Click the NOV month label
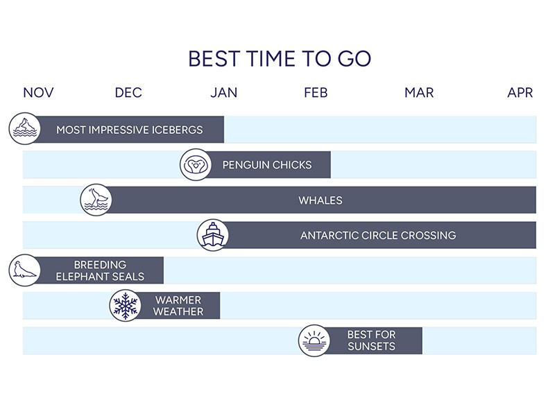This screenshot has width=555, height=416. click(38, 93)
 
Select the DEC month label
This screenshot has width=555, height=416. click(128, 93)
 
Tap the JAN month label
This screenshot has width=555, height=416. click(223, 93)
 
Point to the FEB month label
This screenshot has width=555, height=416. click(316, 93)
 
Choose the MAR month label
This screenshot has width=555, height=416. click(419, 93)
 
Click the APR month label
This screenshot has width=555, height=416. click(520, 93)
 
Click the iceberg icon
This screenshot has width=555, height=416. click(24, 128)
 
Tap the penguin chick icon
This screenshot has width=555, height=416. click(196, 164)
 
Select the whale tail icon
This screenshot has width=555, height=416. click(96, 200)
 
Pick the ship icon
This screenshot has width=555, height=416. click(213, 235)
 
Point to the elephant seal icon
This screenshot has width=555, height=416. click(24, 270)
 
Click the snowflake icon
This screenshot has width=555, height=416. click(125, 305)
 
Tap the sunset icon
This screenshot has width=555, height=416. click(314, 340)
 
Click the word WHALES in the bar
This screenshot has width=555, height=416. click(321, 200)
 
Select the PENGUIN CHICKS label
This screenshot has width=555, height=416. click(267, 165)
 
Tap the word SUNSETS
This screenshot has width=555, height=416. click(371, 346)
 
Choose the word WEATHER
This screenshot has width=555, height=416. click(178, 311)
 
